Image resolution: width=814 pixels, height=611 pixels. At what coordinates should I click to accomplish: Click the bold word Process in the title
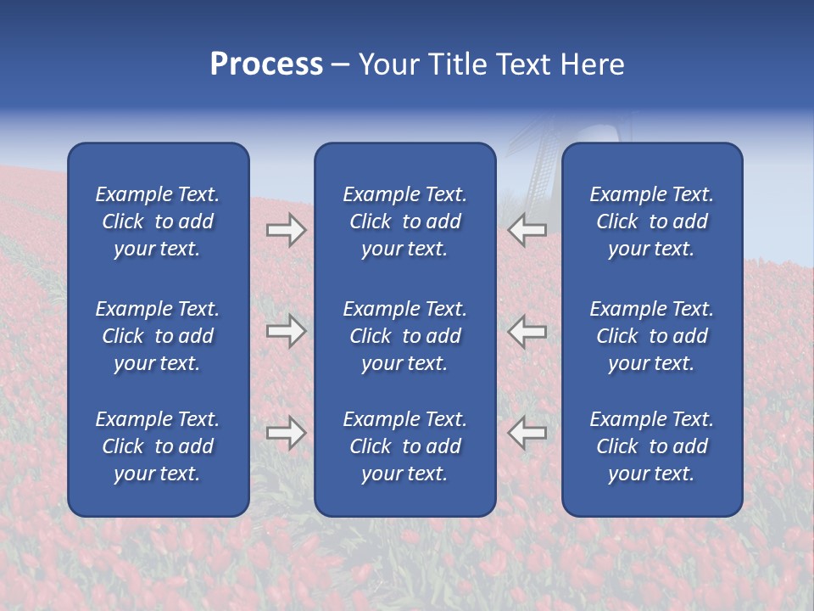pos(266,64)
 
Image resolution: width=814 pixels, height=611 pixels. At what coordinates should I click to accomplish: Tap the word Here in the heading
pos(591,64)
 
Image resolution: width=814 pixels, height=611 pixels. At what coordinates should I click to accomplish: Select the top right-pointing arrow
pos(286,230)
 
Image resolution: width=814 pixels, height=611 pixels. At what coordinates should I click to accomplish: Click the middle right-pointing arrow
pos(286,331)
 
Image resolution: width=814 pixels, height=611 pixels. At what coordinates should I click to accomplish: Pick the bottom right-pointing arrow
pos(286,433)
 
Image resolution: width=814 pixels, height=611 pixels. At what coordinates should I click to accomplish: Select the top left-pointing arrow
pos(527,230)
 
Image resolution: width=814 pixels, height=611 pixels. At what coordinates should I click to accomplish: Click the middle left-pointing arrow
pos(527,331)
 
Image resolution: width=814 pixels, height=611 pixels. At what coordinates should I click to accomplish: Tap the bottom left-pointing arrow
pos(527,433)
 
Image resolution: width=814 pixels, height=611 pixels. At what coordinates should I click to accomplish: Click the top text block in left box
pos(158,221)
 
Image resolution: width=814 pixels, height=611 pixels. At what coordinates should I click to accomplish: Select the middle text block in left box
pos(158,336)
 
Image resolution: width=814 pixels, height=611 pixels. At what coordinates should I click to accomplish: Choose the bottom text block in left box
pos(158,446)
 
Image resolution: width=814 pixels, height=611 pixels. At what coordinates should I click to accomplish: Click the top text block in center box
pos(404,221)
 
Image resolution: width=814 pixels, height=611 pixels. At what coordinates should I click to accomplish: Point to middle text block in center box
pos(404,336)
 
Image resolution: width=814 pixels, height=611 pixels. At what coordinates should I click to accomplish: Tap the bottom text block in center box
pos(404,446)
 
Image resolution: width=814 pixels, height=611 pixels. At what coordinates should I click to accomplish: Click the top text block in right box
pos(651,221)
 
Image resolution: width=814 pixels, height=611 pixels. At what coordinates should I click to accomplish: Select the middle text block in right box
pos(651,336)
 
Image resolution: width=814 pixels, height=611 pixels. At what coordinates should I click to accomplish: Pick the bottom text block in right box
pos(651,446)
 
